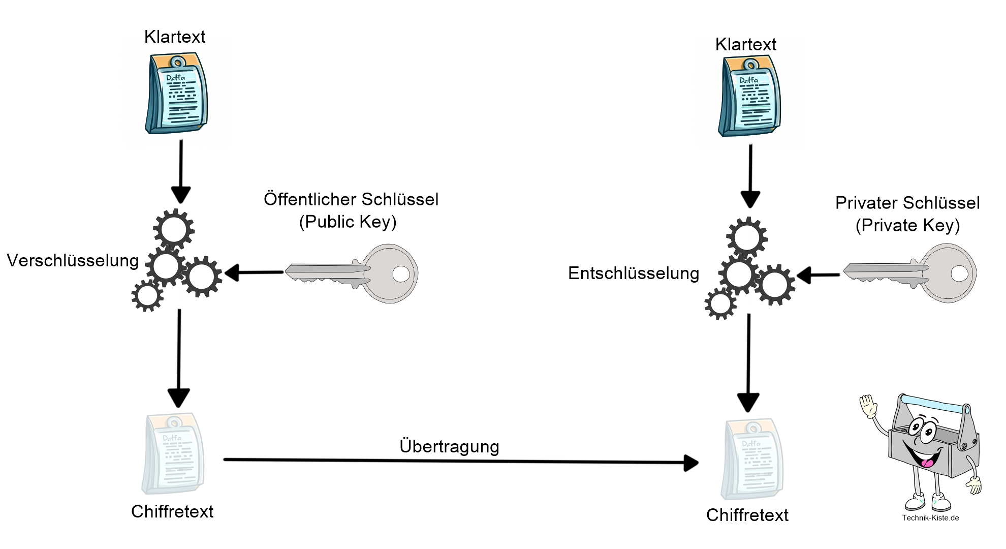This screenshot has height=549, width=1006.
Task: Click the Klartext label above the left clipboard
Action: [175, 37]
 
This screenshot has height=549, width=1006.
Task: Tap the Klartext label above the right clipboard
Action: [745, 45]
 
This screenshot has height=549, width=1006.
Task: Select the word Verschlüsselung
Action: [73, 261]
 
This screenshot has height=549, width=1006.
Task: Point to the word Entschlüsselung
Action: [633, 273]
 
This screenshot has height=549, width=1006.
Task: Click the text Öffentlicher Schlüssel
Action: [351, 199]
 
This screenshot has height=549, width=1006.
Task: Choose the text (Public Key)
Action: [348, 222]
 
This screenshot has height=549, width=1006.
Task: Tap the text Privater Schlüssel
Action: [907, 203]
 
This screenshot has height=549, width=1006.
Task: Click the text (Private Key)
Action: [907, 226]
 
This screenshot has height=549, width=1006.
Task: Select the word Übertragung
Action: [449, 446]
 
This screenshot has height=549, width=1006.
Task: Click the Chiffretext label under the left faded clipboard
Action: [172, 511]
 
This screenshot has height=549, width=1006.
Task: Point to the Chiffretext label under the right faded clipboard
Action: [747, 515]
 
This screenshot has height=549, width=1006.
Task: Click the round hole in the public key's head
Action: [401, 274]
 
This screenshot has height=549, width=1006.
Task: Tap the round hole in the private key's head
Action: [959, 273]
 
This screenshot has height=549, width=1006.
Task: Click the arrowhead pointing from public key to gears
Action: [232, 273]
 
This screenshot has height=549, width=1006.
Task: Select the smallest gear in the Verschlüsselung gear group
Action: [147, 296]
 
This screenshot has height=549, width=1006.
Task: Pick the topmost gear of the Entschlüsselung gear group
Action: [746, 237]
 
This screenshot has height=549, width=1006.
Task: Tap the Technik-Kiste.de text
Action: [930, 518]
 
